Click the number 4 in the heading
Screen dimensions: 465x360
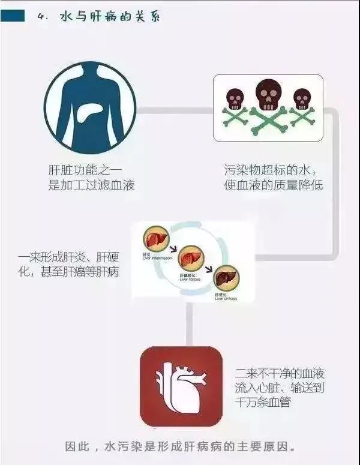(x=41, y=17)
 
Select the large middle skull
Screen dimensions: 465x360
(x=268, y=95)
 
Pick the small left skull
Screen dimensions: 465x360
(x=235, y=98)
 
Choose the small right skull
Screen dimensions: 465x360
(x=302, y=98)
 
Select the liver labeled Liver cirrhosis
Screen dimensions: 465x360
(x=226, y=277)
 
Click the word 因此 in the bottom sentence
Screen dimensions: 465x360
(x=77, y=447)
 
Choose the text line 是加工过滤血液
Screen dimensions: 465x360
(x=91, y=185)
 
